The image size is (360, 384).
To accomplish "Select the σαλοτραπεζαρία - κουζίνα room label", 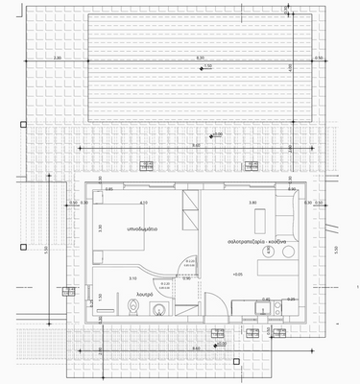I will pyautogui.click(x=260, y=241).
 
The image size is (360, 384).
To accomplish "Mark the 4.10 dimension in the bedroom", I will pyautogui.click(x=144, y=203).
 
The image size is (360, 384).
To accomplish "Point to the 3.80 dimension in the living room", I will pyautogui.click(x=252, y=203).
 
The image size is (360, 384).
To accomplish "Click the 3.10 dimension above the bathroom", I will pyautogui.click(x=132, y=278).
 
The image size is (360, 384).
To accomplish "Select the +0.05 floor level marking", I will pyautogui.click(x=236, y=275).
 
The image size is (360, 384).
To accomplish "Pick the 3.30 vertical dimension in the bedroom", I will pyautogui.click(x=99, y=228).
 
